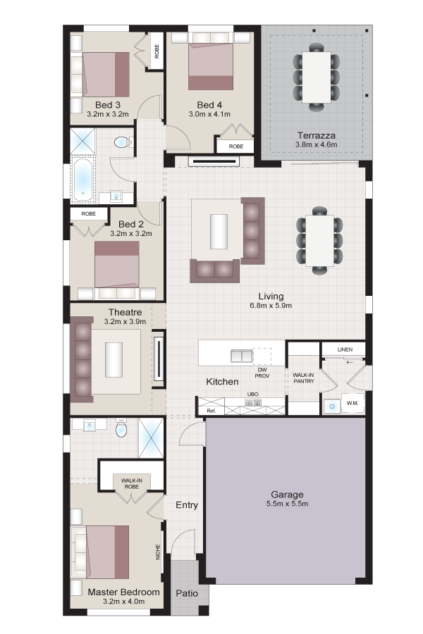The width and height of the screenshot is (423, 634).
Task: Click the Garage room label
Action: (287, 494)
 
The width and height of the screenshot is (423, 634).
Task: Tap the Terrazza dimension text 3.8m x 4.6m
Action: (316, 144)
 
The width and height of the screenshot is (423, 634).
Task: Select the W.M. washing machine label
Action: (352, 403)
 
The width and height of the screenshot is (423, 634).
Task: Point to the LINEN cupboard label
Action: (345, 349)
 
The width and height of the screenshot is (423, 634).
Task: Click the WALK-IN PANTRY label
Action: (304, 378)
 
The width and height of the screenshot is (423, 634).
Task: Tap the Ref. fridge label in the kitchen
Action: (211, 411)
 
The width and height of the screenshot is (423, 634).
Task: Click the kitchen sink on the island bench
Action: (242, 356)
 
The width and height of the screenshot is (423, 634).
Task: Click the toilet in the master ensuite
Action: (121, 428)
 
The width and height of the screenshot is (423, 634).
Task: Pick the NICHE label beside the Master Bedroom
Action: (158, 552)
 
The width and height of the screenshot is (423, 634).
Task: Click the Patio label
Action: (187, 593)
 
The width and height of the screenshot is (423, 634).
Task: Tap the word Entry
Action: (187, 505)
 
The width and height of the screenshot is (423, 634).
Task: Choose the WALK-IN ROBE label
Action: (132, 483)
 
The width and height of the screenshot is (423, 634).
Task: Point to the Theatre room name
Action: (125, 312)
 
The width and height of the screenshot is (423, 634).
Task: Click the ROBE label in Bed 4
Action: (236, 147)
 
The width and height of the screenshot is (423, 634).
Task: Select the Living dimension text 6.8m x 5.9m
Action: (271, 306)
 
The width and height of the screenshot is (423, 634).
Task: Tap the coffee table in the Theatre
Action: (114, 360)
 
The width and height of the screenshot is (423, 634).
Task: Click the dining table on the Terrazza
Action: (317, 77)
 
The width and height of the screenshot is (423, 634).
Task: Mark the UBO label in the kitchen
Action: (252, 394)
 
